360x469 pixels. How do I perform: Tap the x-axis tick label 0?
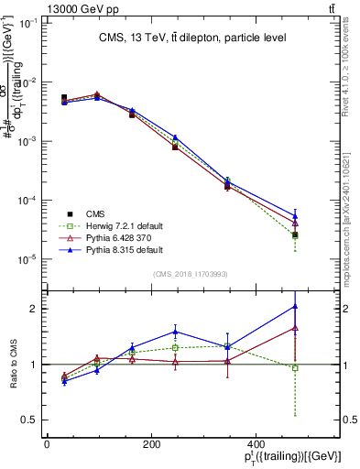click(x=47, y=444)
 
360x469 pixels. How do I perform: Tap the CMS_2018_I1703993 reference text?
click(x=191, y=274)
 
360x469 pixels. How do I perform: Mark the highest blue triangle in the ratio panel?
click(x=294, y=306)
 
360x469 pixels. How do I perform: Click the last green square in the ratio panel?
click(x=294, y=368)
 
